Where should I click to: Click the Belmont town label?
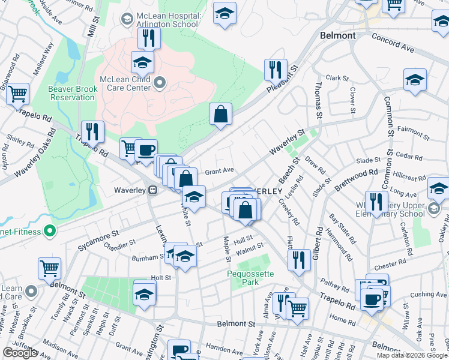click(337, 35)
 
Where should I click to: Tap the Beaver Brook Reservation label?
click(73, 93)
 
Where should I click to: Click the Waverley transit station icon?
click(153, 190)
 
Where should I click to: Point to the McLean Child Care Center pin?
click(160, 82)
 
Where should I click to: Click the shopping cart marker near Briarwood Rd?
click(17, 93)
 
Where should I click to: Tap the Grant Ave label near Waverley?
click(219, 170)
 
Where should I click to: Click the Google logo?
click(20, 353)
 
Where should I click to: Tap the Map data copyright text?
click(411, 355)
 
